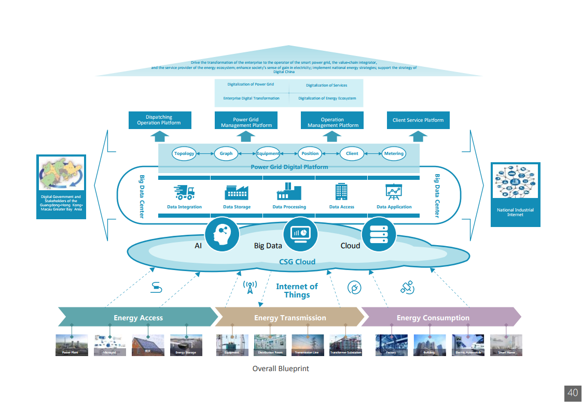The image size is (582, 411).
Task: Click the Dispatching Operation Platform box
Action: [160, 120]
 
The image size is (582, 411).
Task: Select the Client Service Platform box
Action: [418, 120]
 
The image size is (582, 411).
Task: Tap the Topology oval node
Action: [184, 153]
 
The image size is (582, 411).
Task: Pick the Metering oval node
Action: [394, 153]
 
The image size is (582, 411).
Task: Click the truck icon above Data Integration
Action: [184, 192]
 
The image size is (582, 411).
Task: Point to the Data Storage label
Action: [237, 207]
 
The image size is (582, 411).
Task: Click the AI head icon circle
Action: [222, 234]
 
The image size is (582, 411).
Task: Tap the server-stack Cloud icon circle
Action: [378, 234]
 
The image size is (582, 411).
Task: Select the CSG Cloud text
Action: [297, 262]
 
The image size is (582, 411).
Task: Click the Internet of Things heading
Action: [297, 291]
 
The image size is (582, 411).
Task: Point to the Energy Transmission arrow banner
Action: [290, 318]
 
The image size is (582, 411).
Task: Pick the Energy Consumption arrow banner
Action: [433, 318]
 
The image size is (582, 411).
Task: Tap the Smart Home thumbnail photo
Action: [506, 345]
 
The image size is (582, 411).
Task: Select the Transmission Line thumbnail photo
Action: [308, 345]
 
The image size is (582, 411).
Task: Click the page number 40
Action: [572, 393]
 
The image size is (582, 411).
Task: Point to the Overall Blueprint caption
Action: [281, 369]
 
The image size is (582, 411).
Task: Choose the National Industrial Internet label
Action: [515, 212]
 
